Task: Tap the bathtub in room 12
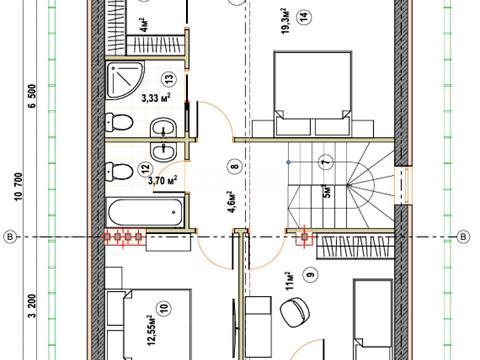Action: click(145, 211)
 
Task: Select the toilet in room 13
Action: click(119, 122)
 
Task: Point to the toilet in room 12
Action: click(119, 171)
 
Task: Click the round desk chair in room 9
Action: click(295, 312)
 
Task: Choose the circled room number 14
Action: click(305, 16)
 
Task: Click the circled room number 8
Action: click(236, 166)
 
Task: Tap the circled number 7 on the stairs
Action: click(326, 162)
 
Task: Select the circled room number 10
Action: click(165, 308)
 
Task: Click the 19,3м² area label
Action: click(286, 21)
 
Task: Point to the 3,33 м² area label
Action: click(156, 98)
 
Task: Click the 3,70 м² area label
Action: click(163, 180)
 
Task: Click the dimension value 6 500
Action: click(32, 96)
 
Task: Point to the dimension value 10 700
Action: click(19, 187)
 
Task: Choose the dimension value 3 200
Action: click(32, 306)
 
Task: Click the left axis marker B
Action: click(10, 237)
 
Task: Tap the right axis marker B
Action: click(463, 237)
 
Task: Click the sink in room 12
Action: click(164, 152)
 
